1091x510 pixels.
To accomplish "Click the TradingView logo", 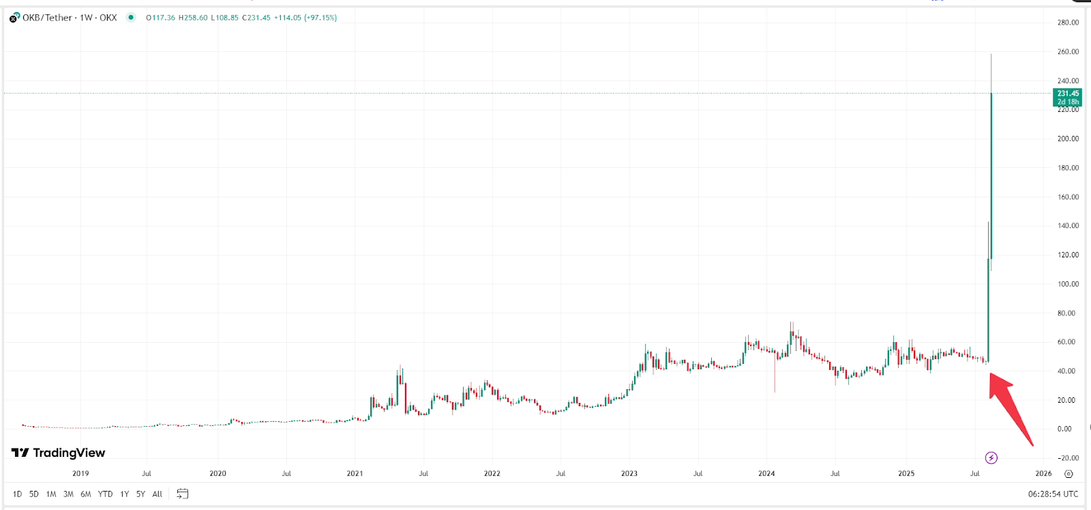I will pyautogui.click(x=59, y=453).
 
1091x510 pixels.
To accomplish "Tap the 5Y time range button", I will pyautogui.click(x=140, y=494).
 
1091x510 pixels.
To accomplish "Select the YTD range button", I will pyautogui.click(x=105, y=494).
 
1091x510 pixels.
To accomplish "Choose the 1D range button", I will pyautogui.click(x=17, y=494).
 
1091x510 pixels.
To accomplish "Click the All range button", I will pyautogui.click(x=158, y=494).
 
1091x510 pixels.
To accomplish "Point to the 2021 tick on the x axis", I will pyautogui.click(x=355, y=473).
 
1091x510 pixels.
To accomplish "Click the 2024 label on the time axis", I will pyautogui.click(x=766, y=473).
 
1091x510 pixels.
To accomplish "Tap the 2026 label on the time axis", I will pyautogui.click(x=1043, y=473).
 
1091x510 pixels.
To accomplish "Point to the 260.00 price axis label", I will pyautogui.click(x=1068, y=52).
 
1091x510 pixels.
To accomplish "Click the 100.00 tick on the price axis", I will pyautogui.click(x=1068, y=284).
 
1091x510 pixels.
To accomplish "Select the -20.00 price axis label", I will pyautogui.click(x=1068, y=458).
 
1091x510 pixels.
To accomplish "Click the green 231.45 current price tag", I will pyautogui.click(x=1068, y=98).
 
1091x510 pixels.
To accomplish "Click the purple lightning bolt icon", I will pyautogui.click(x=991, y=457).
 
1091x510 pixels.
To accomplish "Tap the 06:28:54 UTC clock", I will pyautogui.click(x=1053, y=494).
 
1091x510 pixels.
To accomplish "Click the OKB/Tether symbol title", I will pyautogui.click(x=47, y=18).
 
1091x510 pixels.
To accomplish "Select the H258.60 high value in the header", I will pyautogui.click(x=193, y=18).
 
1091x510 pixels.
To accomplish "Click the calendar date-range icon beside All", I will pyautogui.click(x=182, y=494).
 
